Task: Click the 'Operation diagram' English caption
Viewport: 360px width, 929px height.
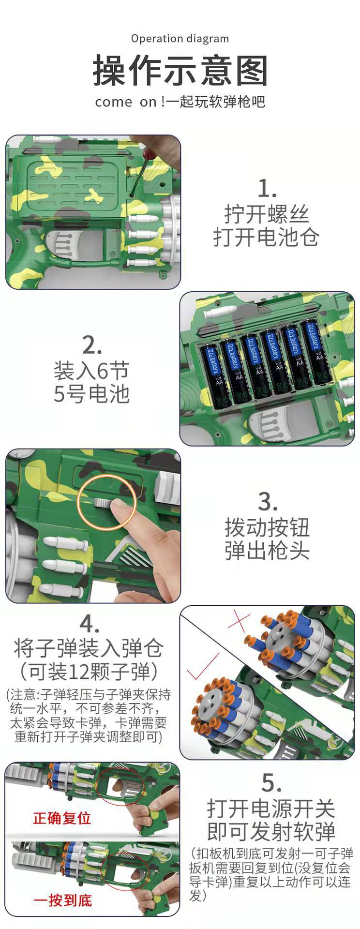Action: [x=180, y=39]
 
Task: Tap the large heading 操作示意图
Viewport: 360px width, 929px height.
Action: [x=180, y=71]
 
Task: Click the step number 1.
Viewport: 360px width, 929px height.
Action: [x=266, y=188]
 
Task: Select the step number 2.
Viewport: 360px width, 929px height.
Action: [x=91, y=345]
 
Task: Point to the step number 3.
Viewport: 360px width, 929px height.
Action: [x=267, y=502]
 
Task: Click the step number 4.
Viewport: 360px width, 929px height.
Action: [x=90, y=624]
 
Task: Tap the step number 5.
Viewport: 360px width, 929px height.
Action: [x=271, y=782]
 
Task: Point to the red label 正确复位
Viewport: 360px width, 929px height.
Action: [x=62, y=818]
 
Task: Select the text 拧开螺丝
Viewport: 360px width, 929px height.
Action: [x=266, y=214]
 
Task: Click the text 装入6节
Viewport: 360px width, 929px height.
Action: [x=91, y=371]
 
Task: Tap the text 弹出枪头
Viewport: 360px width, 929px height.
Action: [x=267, y=551]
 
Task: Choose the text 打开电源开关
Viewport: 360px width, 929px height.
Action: [x=271, y=808]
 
